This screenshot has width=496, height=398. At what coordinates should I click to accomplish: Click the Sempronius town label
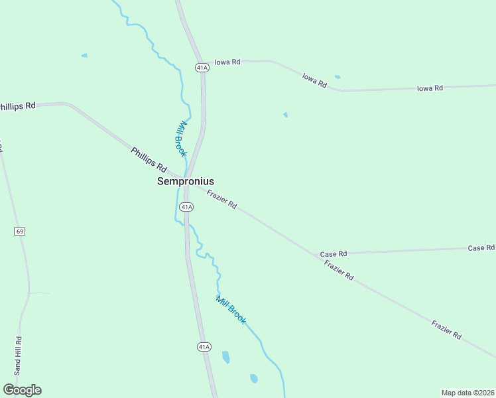coord(185,180)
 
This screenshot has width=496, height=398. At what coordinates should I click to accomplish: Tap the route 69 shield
coord(19,231)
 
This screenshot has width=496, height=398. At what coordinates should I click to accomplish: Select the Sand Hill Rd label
coord(19,348)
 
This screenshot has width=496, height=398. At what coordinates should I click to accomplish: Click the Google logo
coord(22,390)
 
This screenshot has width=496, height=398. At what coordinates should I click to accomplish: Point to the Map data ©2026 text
coord(467,393)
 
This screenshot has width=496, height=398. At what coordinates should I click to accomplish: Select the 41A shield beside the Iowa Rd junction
coord(202,67)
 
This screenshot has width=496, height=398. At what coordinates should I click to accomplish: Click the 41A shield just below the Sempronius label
coord(186,207)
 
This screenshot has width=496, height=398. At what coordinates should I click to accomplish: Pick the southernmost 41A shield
coord(204,346)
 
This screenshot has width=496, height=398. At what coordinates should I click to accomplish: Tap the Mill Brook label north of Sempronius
coord(180,139)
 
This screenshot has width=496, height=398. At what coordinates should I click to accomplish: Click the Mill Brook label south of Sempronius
coord(231,310)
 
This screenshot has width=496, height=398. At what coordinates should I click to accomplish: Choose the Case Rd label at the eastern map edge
coord(481,247)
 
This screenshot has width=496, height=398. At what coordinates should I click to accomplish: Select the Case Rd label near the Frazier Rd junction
coord(334,254)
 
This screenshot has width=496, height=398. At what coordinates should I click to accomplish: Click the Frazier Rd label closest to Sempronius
coord(221,199)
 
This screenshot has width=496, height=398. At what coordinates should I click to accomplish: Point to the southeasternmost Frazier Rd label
coord(446,330)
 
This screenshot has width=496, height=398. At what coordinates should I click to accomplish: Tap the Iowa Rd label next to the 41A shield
coord(227,61)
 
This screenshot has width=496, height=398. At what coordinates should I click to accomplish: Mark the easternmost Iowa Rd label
coord(430,88)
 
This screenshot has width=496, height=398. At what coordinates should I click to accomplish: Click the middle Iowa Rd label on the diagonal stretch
coord(314,80)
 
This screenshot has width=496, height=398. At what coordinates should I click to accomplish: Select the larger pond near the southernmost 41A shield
coord(226,357)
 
